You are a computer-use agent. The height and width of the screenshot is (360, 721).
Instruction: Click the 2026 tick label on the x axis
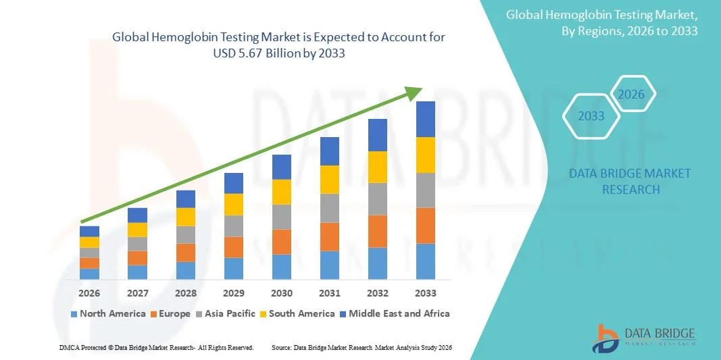tap(89, 293)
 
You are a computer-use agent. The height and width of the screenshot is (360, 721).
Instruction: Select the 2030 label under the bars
tap(282, 293)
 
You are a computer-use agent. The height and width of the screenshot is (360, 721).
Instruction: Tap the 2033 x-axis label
tap(426, 293)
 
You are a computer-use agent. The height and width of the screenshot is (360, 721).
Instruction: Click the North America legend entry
tap(108, 313)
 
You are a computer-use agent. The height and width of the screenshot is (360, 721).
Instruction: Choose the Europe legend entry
tap(172, 313)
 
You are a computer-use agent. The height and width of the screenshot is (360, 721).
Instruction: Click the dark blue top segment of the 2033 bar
tap(426, 119)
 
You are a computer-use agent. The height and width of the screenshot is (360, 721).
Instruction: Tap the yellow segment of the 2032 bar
tap(378, 167)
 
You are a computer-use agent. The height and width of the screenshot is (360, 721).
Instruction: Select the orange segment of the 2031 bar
tap(330, 236)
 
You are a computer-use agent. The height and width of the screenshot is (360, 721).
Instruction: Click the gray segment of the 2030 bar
tap(282, 217)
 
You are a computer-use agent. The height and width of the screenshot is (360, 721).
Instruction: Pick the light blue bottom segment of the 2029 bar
tap(234, 268)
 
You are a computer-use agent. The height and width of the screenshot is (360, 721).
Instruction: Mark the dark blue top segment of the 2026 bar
tap(89, 231)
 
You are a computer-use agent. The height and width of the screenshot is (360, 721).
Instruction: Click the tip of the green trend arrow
tap(420, 89)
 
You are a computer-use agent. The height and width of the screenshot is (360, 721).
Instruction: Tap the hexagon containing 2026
tap(632, 95)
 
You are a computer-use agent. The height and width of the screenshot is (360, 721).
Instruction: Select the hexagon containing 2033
tap(591, 116)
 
